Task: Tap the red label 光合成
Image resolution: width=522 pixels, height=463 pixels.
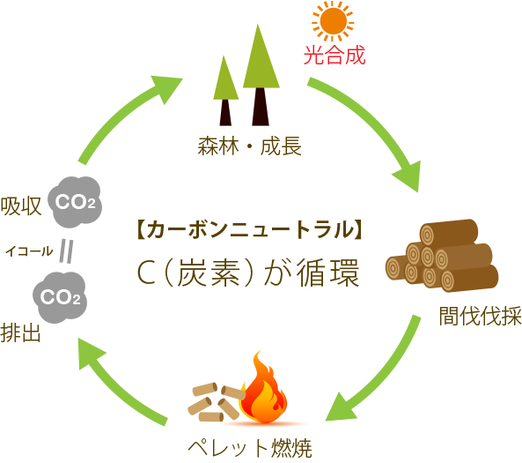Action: [334, 56]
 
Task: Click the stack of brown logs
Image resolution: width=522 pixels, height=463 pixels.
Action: [439, 256]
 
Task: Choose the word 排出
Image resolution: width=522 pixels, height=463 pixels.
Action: [20, 333]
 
